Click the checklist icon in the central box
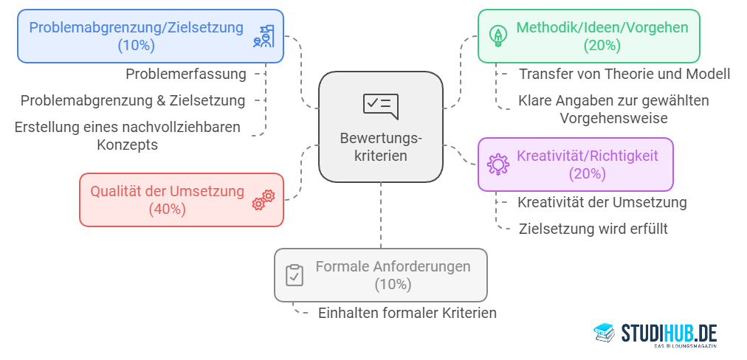380,105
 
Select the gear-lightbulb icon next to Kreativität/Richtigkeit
498,164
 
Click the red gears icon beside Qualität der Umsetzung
264,199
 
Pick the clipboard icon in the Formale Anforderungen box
294,274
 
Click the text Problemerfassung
185,74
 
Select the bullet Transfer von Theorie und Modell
624,74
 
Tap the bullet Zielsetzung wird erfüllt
593,229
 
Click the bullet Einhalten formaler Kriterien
407,313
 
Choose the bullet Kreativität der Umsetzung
602,202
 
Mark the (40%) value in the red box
167,209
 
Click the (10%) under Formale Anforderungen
393,284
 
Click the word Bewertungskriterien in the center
380,147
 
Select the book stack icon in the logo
605,333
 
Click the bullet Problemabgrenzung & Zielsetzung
133,100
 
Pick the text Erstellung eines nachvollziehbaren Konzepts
127,136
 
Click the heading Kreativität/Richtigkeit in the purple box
587,156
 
